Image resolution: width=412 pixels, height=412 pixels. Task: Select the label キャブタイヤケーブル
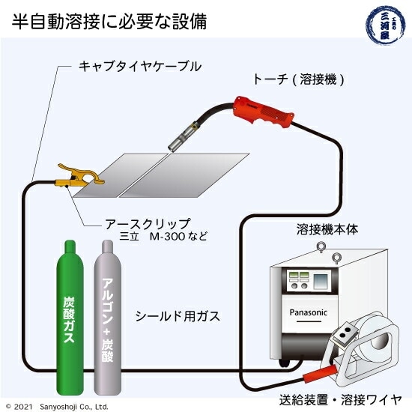140,67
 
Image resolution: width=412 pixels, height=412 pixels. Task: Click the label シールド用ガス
178,315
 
